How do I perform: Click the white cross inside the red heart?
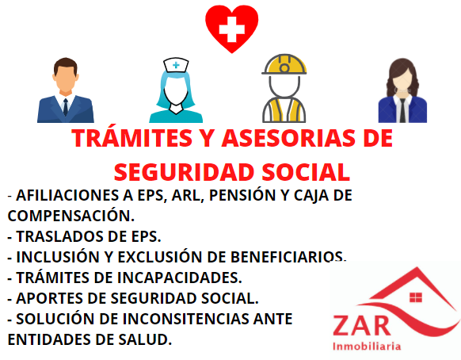(x=231, y=29)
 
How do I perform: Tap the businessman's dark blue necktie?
(x=66, y=107)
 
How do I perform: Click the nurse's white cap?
(x=176, y=65)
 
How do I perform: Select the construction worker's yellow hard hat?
(x=284, y=64)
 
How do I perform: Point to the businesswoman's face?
(x=402, y=79)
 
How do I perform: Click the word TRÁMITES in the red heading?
(x=131, y=137)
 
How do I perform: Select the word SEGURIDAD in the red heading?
(x=184, y=172)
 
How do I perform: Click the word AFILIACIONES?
(x=69, y=195)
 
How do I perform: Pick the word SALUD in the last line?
(x=143, y=339)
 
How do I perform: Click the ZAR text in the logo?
(x=362, y=326)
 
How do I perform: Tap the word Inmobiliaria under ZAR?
(x=367, y=347)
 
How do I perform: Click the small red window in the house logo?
(x=416, y=297)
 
